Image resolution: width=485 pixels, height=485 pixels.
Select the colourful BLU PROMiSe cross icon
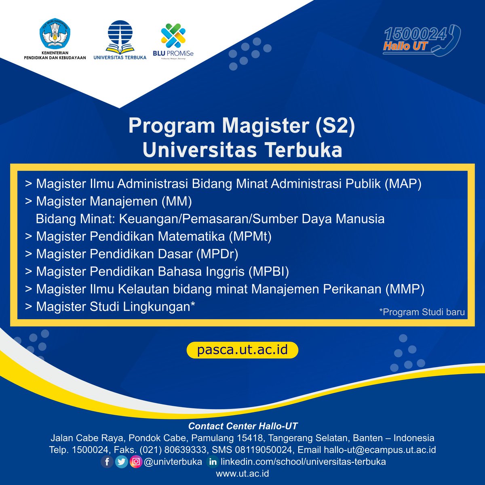pyautogui.click(x=173, y=35)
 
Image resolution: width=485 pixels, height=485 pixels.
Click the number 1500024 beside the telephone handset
pyautogui.click(x=415, y=34)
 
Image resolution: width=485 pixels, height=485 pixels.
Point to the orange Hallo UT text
pyautogui.click(x=405, y=46)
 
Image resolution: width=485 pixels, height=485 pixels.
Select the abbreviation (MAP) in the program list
pyautogui.click(x=403, y=184)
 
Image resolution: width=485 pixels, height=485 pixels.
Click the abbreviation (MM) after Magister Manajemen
pyautogui.click(x=177, y=201)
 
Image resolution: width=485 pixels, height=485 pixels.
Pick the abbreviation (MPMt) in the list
pyautogui.click(x=250, y=236)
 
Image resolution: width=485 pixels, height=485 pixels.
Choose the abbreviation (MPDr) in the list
pyautogui.click(x=217, y=254)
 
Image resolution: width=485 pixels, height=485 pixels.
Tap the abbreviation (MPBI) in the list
pyautogui.click(x=269, y=272)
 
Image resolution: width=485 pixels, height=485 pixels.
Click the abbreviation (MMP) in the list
pyautogui.click(x=405, y=289)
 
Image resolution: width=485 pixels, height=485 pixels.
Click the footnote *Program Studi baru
pyautogui.click(x=422, y=312)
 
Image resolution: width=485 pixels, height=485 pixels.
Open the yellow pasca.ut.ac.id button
pyautogui.click(x=242, y=350)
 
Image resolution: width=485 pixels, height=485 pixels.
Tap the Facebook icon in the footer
pyautogui.click(x=107, y=462)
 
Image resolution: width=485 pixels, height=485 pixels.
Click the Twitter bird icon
pyautogui.click(x=122, y=462)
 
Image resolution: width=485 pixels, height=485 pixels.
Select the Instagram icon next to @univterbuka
pyautogui.click(x=136, y=462)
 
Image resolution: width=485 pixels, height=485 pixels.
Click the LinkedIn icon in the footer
pyautogui.click(x=213, y=462)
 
